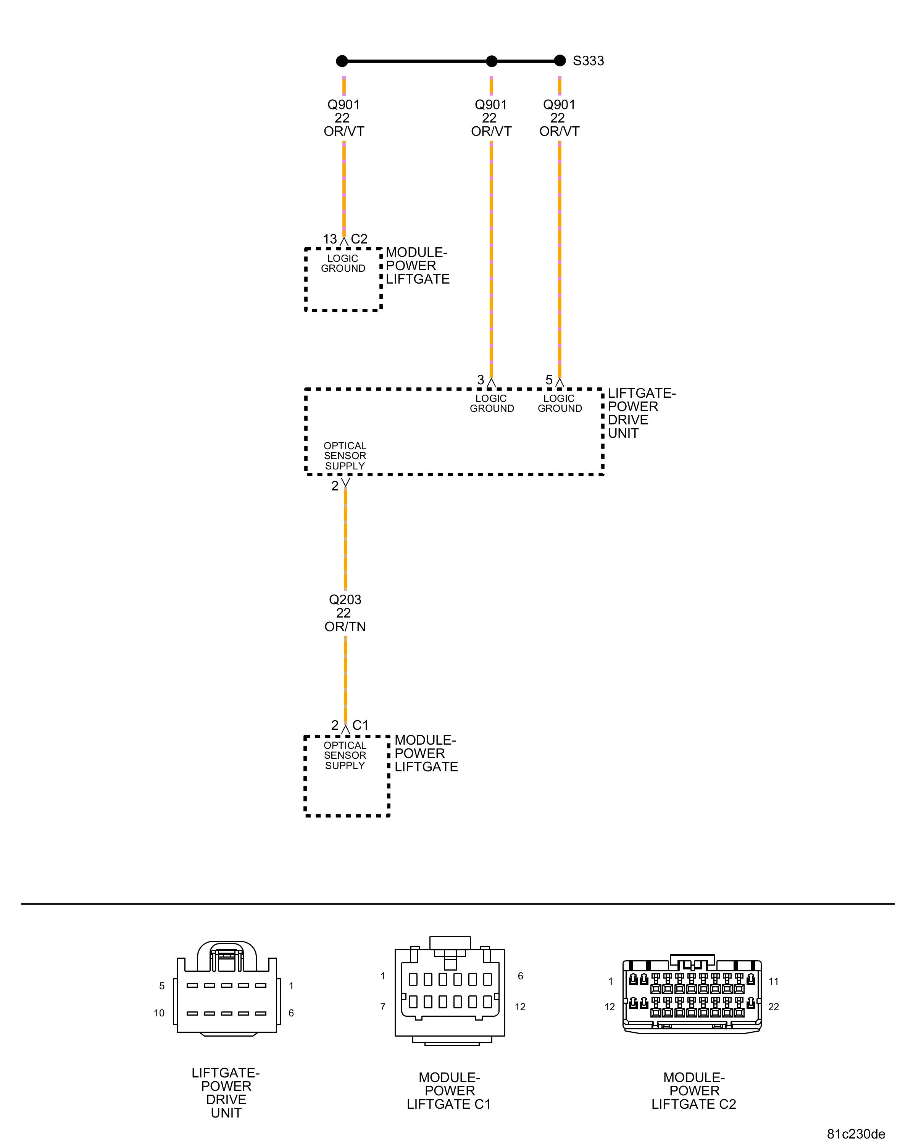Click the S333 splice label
[588, 61]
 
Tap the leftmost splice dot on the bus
[342, 61]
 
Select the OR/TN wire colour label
[345, 627]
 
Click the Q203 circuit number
[345, 600]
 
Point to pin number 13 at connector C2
[330, 240]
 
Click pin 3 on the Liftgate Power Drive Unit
[481, 380]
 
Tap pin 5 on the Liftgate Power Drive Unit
[549, 380]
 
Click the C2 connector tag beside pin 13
[359, 240]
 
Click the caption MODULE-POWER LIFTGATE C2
[693, 1091]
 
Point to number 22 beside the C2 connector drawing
[773, 1007]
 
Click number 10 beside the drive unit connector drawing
[159, 1013]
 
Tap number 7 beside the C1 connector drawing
[382, 1007]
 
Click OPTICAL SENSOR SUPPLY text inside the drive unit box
[345, 456]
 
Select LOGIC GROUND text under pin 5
[560, 404]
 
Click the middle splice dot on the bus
[492, 61]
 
